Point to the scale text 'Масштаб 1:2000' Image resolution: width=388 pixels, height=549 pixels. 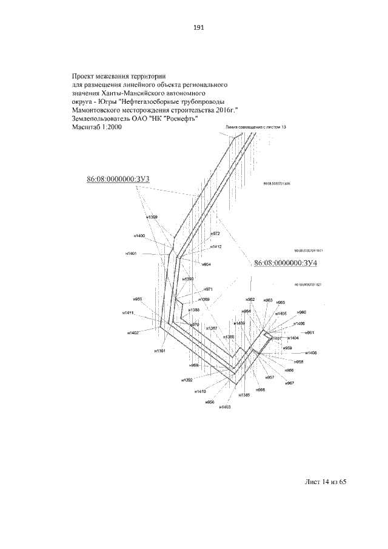coord(97,129)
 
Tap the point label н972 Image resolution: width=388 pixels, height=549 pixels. coord(215,234)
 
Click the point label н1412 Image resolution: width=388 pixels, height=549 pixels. coord(215,247)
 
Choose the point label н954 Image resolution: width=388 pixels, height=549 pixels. coord(206,265)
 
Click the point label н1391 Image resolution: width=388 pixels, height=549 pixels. coord(159,351)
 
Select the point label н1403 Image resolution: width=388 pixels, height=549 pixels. coord(226,407)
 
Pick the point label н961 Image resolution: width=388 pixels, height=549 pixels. coord(309,333)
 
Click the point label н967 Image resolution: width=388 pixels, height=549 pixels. coord(289,383)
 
